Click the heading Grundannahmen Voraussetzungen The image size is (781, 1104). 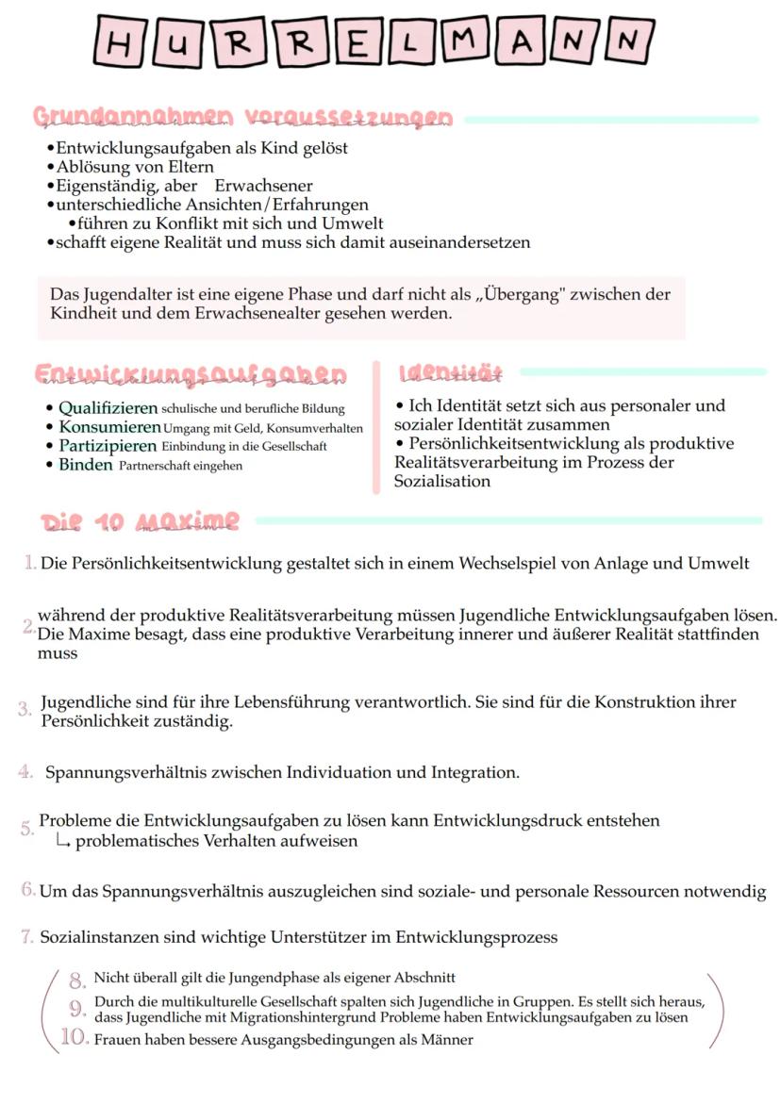point(242,118)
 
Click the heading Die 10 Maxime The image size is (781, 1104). point(140,521)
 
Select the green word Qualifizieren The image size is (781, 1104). point(108,408)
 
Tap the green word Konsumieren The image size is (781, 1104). point(109,427)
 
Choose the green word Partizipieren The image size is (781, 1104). point(108,445)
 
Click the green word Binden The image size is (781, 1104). point(85,464)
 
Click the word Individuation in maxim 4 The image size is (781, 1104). point(339,773)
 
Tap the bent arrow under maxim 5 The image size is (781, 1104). point(64,841)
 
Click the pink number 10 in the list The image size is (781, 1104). point(75,1039)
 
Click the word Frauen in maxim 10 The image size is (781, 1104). point(117,1040)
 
